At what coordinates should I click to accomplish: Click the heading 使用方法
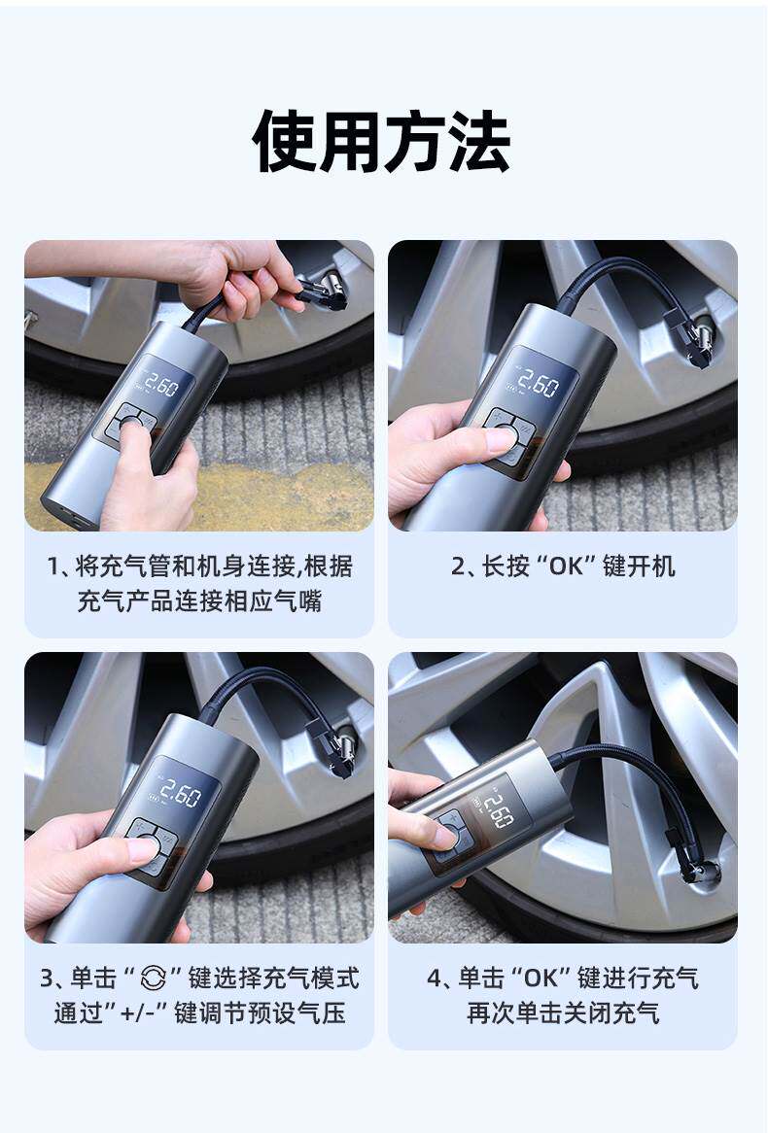[x=381, y=141]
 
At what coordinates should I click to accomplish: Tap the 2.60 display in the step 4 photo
[x=499, y=810]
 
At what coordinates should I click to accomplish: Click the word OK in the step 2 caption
[x=566, y=566]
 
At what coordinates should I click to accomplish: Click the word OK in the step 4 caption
[x=541, y=978]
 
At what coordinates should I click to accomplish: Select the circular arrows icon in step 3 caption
[x=154, y=978]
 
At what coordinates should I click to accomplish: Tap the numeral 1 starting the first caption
[x=52, y=566]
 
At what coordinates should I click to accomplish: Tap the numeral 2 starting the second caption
[x=458, y=566]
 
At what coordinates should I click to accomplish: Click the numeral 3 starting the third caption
[x=47, y=978]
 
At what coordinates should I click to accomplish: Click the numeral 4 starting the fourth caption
[x=434, y=978]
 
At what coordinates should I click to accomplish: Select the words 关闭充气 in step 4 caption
[x=611, y=1013]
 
